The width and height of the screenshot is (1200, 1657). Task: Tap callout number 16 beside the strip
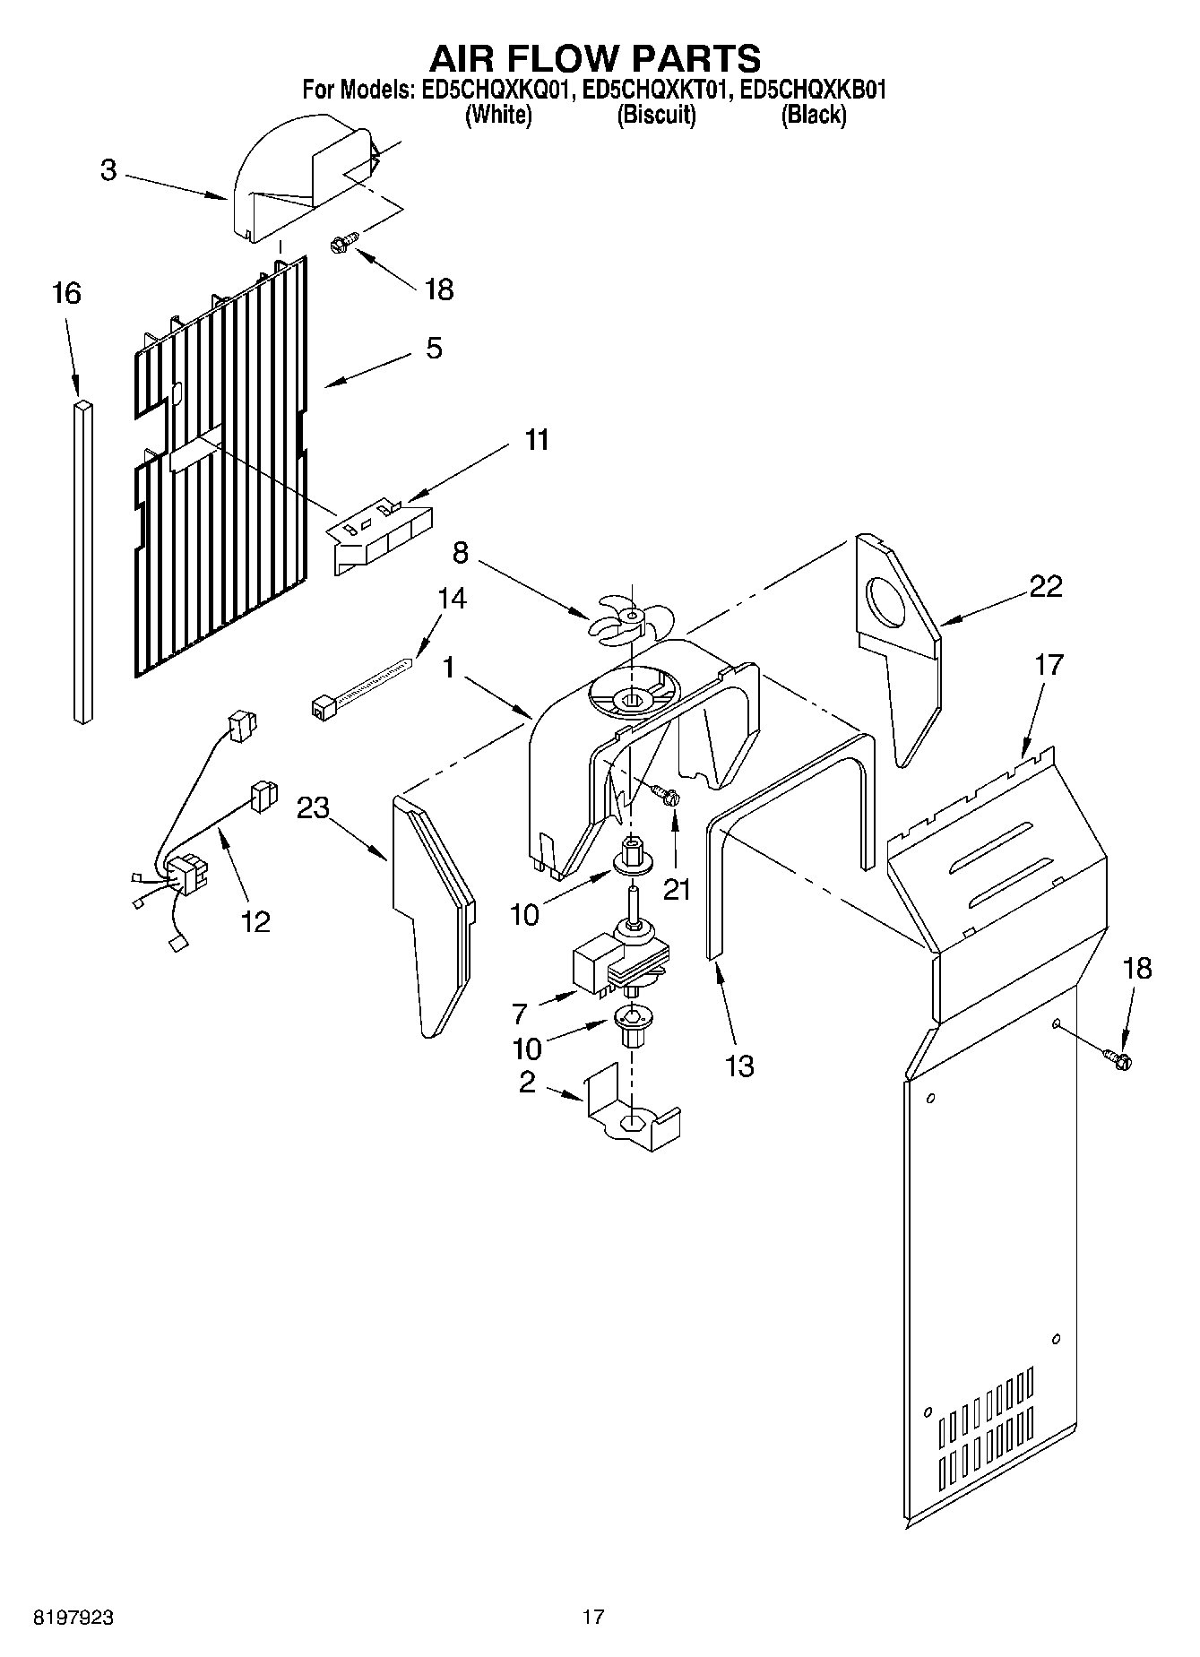click(x=66, y=293)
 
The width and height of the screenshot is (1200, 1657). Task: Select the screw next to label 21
click(x=665, y=792)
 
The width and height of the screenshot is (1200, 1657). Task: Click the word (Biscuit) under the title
click(x=656, y=115)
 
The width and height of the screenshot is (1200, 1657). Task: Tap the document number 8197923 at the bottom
click(x=73, y=1618)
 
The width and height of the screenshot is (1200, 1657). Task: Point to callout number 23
click(x=314, y=807)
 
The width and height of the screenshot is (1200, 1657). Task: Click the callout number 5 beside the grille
click(x=434, y=348)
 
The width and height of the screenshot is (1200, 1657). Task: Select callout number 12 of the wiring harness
click(x=256, y=921)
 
